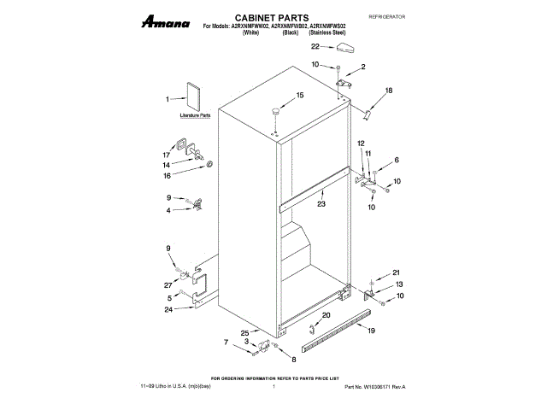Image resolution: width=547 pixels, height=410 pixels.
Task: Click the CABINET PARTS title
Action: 274,17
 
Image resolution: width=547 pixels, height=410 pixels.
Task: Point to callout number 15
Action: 300,95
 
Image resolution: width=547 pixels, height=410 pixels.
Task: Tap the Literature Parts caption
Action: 195,114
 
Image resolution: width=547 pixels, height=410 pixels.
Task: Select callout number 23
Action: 321,204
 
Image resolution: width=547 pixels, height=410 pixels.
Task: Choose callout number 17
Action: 167,155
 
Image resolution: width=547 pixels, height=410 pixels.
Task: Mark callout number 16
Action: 167,175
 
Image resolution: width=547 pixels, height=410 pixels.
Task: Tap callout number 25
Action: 244,333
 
